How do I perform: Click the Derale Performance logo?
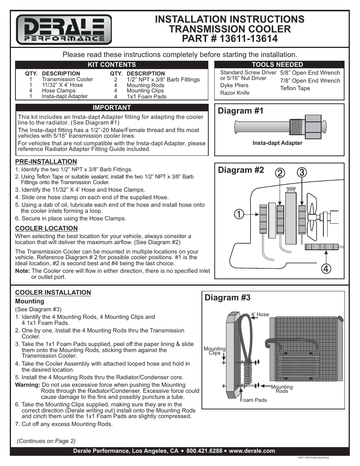(x=64, y=29)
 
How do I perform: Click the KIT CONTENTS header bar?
(x=112, y=65)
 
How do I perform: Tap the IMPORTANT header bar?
(x=112, y=108)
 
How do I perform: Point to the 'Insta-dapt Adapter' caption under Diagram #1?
(x=277, y=143)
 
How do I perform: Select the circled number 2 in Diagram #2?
(x=279, y=174)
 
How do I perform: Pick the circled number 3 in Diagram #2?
(x=302, y=174)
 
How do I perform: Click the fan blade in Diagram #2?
(x=312, y=223)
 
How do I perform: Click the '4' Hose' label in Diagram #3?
(x=260, y=314)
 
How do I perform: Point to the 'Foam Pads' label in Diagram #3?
(x=253, y=400)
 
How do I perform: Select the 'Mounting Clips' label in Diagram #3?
(x=214, y=351)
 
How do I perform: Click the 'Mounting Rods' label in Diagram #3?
(x=282, y=389)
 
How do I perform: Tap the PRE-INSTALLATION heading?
(x=46, y=162)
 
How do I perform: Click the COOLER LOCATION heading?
(x=46, y=228)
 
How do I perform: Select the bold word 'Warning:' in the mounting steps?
(x=28, y=385)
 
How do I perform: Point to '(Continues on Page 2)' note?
(x=46, y=441)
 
